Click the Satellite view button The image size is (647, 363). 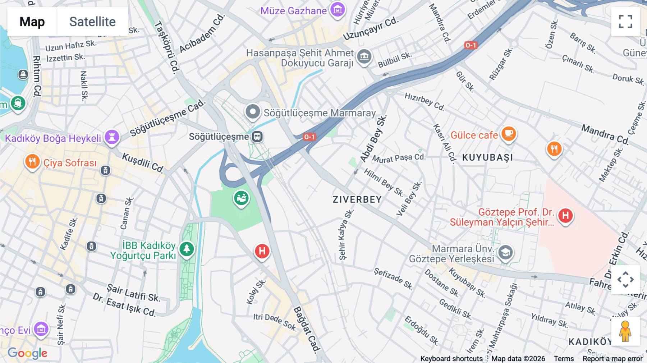click(x=92, y=22)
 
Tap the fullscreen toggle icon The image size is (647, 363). click(x=625, y=22)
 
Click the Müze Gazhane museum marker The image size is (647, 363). click(x=338, y=10)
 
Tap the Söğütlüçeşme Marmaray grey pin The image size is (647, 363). click(x=253, y=112)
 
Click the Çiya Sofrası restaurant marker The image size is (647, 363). click(x=32, y=162)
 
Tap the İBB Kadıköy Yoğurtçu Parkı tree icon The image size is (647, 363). click(x=187, y=249)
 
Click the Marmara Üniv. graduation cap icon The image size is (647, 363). click(x=505, y=253)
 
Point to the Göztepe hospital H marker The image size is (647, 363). click(x=565, y=216)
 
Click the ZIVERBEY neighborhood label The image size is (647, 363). click(x=357, y=199)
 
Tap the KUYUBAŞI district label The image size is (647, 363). click(x=487, y=158)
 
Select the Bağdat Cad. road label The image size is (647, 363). click(x=307, y=329)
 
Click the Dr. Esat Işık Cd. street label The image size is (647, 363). click(x=124, y=305)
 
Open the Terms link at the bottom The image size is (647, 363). click(x=564, y=359)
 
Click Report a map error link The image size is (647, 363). click(x=612, y=359)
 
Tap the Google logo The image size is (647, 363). click(x=28, y=353)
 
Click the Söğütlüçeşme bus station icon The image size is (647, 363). click(x=257, y=137)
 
